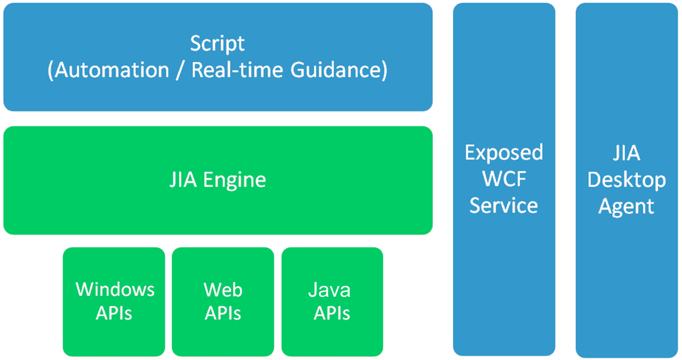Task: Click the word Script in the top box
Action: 217,44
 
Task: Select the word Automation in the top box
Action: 112,70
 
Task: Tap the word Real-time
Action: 237,70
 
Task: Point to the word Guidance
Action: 336,70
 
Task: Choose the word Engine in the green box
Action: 235,181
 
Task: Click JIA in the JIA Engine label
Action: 183,179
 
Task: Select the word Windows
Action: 115,289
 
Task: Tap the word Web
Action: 223,289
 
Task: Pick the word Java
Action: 329,289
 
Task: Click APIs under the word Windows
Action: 114,313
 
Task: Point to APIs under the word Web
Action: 223,313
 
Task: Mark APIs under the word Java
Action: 332,313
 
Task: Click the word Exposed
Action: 504,152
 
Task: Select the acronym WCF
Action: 504,179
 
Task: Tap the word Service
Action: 504,205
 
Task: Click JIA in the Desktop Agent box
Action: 627,152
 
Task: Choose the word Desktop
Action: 627,180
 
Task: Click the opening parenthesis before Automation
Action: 51,71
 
